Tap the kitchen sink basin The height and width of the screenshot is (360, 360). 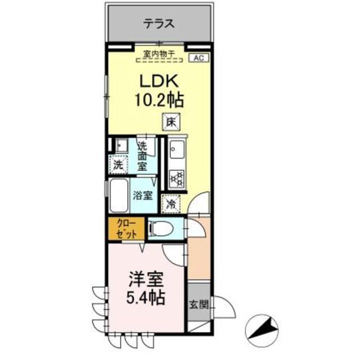click(x=176, y=149)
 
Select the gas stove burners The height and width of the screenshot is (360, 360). click(x=176, y=177)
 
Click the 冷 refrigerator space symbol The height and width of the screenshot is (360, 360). click(x=171, y=203)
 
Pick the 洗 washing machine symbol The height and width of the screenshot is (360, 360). click(x=117, y=164)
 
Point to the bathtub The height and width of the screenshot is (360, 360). click(x=118, y=195)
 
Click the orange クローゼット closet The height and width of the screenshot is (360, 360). click(x=124, y=228)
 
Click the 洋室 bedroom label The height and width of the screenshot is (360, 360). click(x=145, y=278)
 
